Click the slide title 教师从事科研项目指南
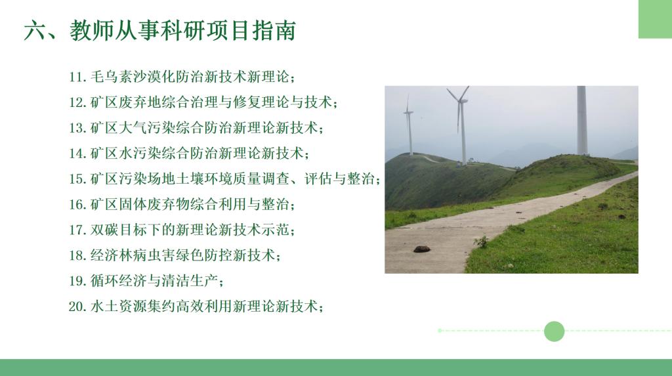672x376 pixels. coord(183,30)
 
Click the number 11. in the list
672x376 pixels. coord(78,77)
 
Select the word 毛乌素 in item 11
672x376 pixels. coord(111,77)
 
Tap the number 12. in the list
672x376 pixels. coord(78,102)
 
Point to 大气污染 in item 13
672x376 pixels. coord(146,128)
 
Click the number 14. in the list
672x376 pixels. coord(78,154)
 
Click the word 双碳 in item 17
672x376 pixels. coord(104,230)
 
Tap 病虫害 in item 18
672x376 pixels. coord(154,255)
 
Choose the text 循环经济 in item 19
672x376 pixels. coord(118,281)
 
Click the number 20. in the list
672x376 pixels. coord(78,306)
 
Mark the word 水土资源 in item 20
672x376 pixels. coord(118,306)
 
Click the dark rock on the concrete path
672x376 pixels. coord(422,249)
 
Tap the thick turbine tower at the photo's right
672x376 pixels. coord(581,121)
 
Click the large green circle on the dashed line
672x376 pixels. coord(554,331)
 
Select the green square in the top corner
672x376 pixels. coord(656,19)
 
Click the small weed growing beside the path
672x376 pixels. coord(482,241)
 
